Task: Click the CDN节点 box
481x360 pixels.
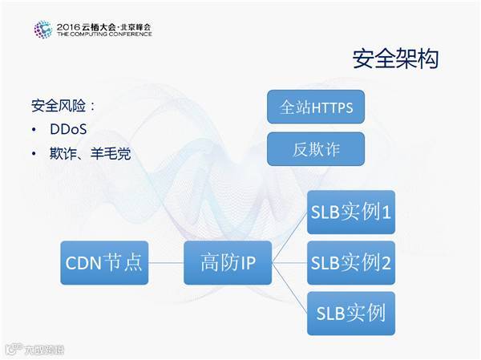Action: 103,261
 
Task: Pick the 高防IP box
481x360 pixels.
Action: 227,261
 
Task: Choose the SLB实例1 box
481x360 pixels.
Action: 350,212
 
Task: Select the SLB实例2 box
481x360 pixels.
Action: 350,261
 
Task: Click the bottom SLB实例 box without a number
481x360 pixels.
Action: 350,311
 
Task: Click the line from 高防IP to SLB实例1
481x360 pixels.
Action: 289,236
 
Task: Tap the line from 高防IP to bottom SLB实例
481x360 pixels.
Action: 289,286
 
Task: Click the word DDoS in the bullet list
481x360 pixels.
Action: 68,129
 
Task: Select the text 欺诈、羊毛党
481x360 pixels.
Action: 89,152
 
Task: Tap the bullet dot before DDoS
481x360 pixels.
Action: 34,130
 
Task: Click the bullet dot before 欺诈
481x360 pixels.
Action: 34,153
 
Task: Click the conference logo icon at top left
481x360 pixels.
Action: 42,30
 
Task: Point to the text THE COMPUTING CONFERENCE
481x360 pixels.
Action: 103,35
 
